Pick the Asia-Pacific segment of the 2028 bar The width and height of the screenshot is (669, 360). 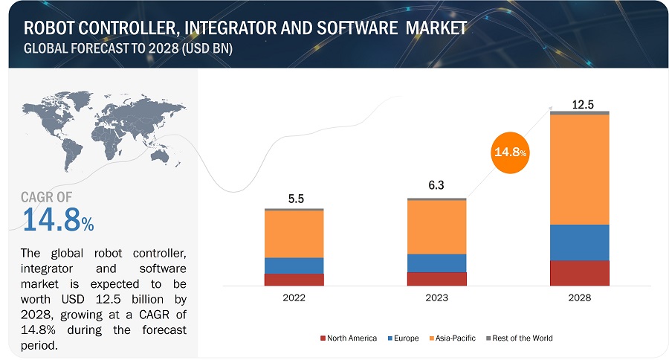pos(580,170)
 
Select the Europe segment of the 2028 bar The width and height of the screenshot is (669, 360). pos(580,242)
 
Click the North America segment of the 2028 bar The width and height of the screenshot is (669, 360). pos(580,273)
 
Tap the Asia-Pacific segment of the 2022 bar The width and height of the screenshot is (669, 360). pos(294,234)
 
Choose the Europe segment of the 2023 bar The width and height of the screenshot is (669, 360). pos(436,263)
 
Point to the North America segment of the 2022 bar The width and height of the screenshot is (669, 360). pos(294,280)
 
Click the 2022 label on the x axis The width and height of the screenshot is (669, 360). pos(294,298)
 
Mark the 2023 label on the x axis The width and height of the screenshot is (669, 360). pos(436,298)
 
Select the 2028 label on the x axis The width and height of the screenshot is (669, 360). pos(580,298)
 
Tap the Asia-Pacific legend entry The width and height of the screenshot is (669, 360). pos(455,338)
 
